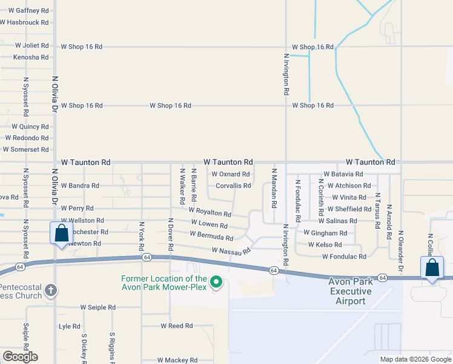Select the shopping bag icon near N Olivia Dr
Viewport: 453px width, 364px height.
(61, 233)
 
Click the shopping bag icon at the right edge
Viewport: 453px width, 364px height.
(432, 268)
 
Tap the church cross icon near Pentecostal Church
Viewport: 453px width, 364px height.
(50, 289)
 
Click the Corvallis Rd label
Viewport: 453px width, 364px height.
(233, 186)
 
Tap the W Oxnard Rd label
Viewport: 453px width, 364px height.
(230, 174)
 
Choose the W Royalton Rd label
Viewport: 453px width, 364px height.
(210, 212)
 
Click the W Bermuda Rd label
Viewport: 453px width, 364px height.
(211, 235)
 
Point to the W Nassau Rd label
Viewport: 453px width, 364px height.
(231, 251)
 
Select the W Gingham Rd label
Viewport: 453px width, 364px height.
(325, 233)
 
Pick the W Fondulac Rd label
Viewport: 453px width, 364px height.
(352, 257)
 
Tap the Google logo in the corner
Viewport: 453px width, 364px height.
(20, 357)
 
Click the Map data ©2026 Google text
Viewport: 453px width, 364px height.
(415, 359)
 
